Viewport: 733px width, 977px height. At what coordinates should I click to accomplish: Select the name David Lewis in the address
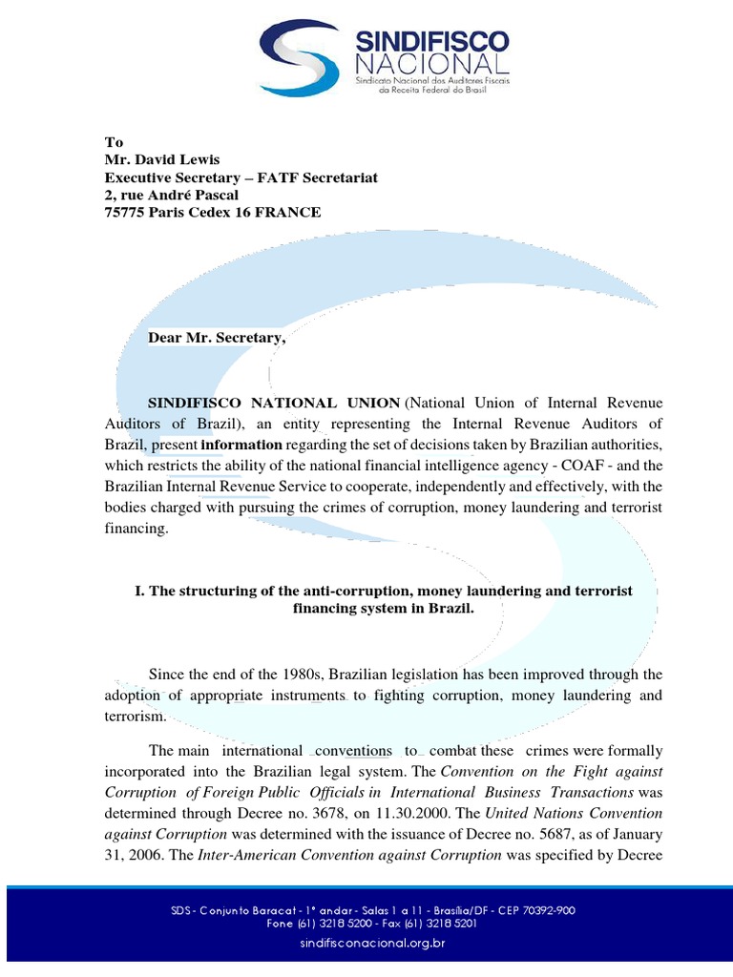coord(178,160)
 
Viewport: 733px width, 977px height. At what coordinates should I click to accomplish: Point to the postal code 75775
coord(126,213)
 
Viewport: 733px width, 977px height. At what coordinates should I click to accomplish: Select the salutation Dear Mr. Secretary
coord(217,338)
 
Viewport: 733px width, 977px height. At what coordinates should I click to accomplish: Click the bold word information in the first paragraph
coord(241,445)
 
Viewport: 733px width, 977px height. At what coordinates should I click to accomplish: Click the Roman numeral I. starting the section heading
coord(140,592)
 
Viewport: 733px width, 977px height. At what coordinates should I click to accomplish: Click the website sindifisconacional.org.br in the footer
coord(366,944)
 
